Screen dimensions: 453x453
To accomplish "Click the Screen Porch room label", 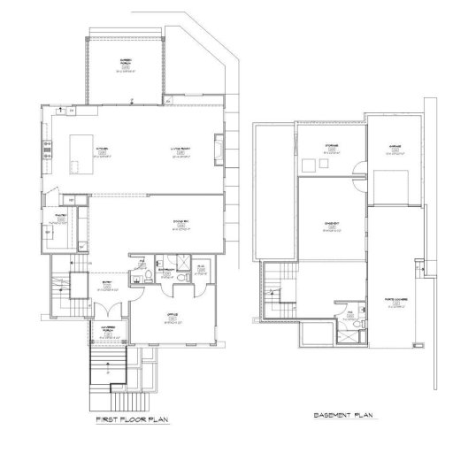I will pyautogui.click(x=127, y=63).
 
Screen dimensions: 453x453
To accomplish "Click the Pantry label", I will pyautogui.click(x=62, y=217).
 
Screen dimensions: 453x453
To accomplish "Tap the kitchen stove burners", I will pyautogui.click(x=46, y=159).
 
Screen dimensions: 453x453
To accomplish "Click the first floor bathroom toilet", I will pyautogui.click(x=180, y=278).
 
